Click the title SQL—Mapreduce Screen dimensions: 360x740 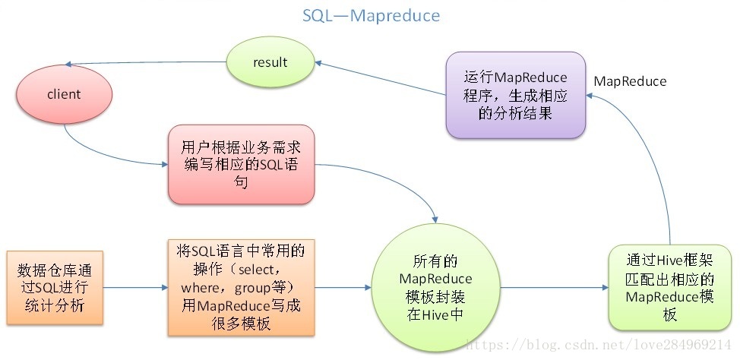click(370, 15)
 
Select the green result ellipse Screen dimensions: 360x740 click(270, 62)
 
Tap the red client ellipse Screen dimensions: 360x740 click(64, 95)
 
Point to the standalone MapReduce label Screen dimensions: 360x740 click(630, 81)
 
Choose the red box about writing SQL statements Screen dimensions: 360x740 click(240, 164)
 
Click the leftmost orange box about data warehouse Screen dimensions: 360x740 click(53, 288)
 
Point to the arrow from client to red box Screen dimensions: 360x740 click(106, 155)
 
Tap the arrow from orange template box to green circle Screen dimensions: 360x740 click(341, 288)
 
